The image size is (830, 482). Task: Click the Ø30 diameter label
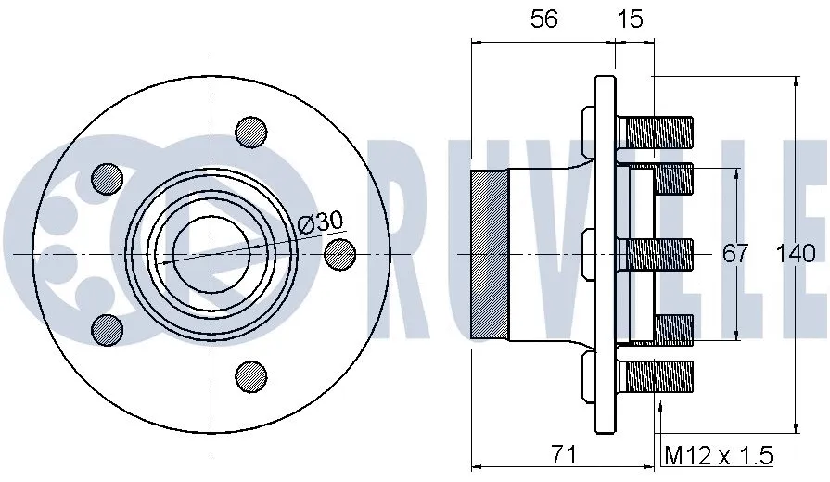pos(321,222)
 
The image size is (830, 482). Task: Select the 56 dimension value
pos(543,19)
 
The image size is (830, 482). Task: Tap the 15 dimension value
pos(630,19)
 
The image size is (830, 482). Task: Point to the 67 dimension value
pos(734,253)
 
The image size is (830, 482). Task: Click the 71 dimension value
pos(564,454)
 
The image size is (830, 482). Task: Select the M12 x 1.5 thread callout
pos(719,455)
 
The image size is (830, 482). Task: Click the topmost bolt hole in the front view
pos(250,132)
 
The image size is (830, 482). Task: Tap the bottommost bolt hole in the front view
pos(250,374)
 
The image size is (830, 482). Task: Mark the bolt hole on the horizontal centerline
pos(341,253)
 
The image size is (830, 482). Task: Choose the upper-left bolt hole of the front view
pos(107,178)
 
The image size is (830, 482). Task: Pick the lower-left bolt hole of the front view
pos(107,328)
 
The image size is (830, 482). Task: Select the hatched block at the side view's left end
pos(490,253)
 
